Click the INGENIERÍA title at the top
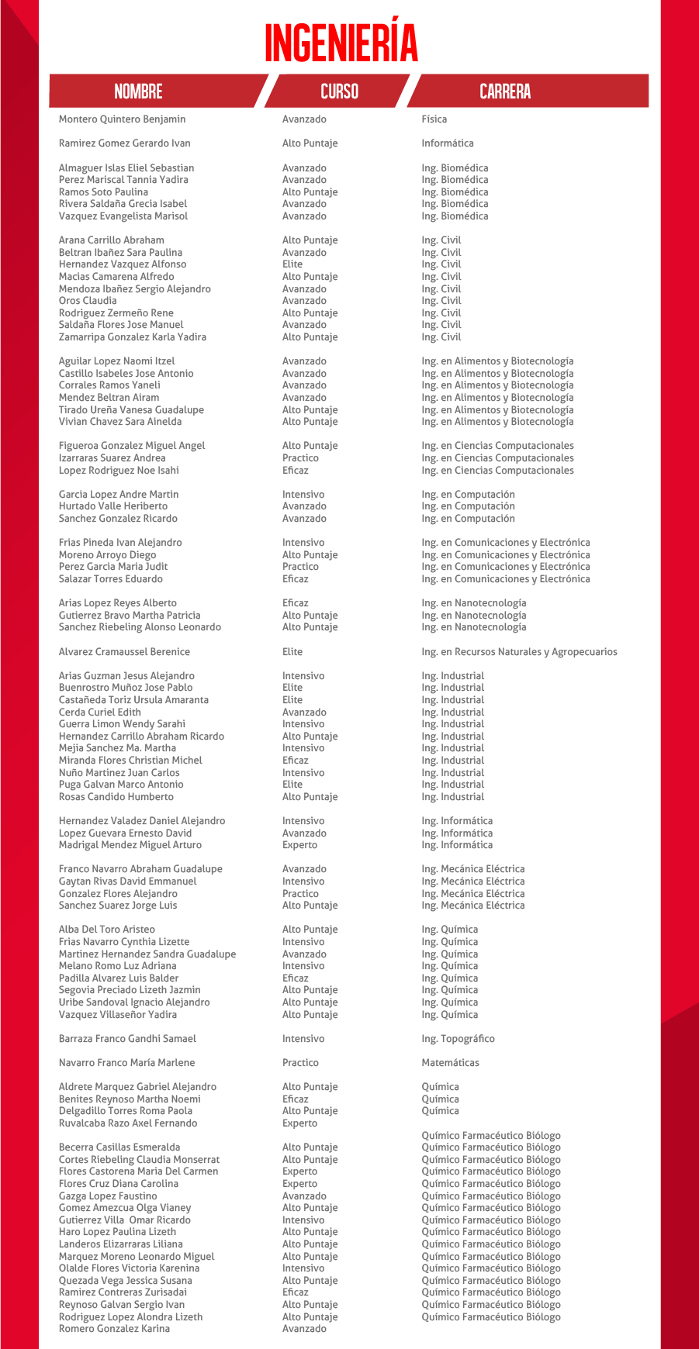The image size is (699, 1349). click(x=341, y=43)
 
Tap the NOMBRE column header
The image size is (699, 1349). click(x=138, y=91)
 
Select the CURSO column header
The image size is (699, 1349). click(x=339, y=91)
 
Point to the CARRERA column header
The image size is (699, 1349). click(x=505, y=91)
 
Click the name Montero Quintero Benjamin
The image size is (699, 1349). click(x=122, y=119)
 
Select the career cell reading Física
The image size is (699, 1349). click(x=434, y=119)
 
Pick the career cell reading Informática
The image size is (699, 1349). click(x=447, y=143)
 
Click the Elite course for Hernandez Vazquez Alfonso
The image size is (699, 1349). click(x=292, y=264)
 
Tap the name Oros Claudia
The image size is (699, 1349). click(x=88, y=301)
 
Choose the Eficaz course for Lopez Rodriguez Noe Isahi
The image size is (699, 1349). click(x=295, y=471)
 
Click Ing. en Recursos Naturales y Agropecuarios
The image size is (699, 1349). click(x=519, y=652)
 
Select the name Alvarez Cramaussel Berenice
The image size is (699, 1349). click(x=124, y=652)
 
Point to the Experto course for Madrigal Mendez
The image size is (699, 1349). click(x=299, y=845)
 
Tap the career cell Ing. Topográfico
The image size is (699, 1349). click(x=458, y=1039)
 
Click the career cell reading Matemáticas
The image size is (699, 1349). click(x=450, y=1063)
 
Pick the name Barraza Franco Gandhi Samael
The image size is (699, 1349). click(x=127, y=1039)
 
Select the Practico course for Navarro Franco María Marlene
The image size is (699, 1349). click(x=300, y=1063)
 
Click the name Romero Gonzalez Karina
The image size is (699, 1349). click(x=114, y=1329)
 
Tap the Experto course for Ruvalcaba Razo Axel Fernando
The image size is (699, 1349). click(x=299, y=1123)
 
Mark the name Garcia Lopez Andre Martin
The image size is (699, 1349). click(x=119, y=495)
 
